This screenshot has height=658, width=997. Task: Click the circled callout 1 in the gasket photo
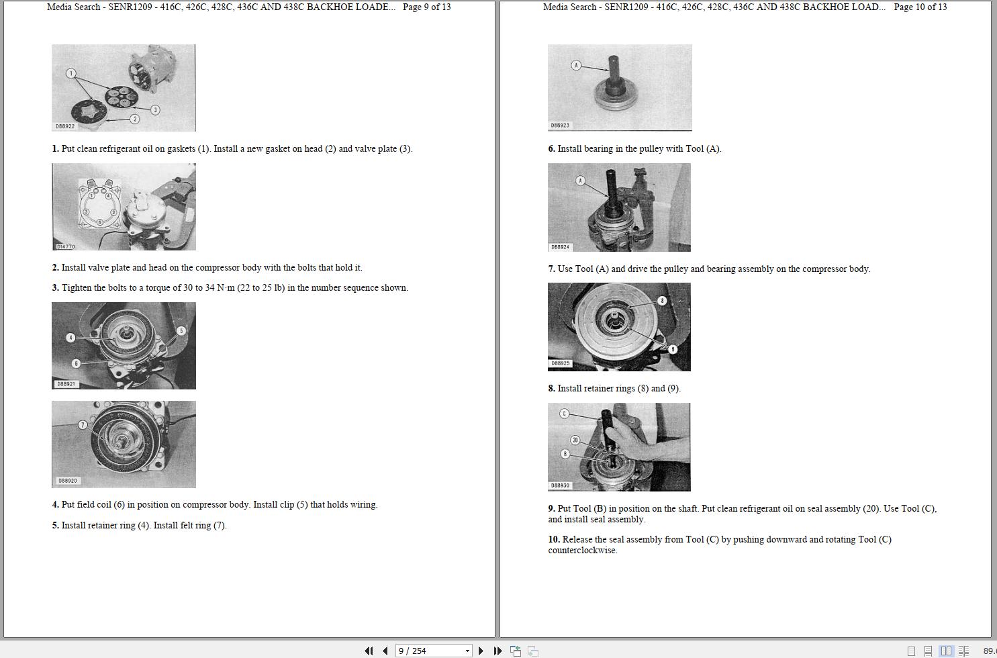tap(70, 73)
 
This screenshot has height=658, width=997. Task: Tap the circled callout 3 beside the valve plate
tap(155, 109)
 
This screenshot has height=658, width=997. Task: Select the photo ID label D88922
tap(65, 126)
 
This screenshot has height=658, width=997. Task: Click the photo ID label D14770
tap(66, 246)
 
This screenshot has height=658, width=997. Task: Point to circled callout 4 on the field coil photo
tap(70, 338)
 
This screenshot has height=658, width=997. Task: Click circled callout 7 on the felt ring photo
tap(83, 425)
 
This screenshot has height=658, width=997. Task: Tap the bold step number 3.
tap(55, 287)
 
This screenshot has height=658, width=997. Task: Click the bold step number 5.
tap(55, 525)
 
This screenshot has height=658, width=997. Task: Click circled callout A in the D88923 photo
tap(577, 65)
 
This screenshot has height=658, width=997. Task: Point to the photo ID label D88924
tap(560, 246)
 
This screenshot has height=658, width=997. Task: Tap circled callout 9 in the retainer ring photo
tap(673, 350)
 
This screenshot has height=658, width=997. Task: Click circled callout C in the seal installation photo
tap(565, 414)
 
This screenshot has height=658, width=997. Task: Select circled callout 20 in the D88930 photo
tap(575, 440)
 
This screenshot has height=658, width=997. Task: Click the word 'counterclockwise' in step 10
tap(583, 551)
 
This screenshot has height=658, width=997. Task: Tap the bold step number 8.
tap(551, 388)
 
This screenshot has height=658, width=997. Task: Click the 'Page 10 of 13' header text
tap(920, 7)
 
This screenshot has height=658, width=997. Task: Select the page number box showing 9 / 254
tap(434, 651)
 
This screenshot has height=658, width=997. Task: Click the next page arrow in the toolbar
tap(481, 651)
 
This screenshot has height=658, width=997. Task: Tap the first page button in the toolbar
tap(369, 651)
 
